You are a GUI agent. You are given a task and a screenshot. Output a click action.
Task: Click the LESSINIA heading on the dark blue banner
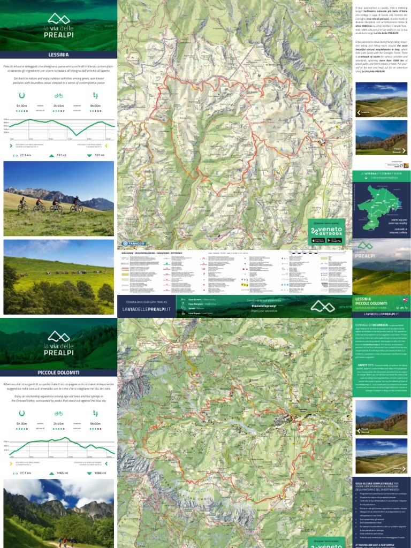tap(58, 55)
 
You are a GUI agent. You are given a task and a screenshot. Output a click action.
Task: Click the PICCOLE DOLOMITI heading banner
tap(58, 372)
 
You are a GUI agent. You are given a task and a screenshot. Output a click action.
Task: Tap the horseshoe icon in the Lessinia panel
tap(21, 95)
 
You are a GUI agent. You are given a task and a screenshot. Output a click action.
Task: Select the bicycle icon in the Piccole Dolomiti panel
tap(58, 413)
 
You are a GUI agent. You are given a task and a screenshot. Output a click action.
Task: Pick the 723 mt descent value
tap(100, 155)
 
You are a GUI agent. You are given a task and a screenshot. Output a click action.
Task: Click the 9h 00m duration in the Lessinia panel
tap(96, 106)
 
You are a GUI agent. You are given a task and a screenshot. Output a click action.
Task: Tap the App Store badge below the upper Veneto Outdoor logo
tap(318, 240)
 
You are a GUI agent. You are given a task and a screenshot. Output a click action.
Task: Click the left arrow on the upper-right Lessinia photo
tap(358, 112)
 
